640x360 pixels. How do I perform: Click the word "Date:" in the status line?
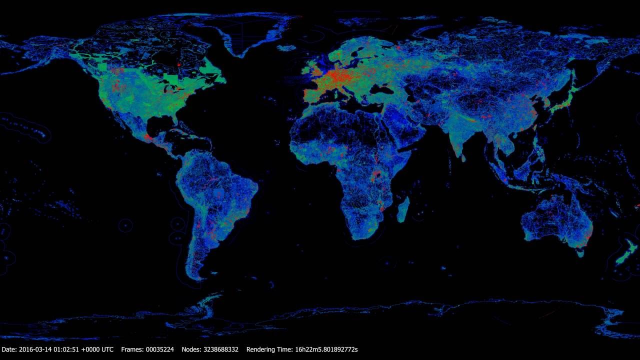pyautogui.click(x=9, y=349)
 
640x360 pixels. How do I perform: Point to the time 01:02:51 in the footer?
pyautogui.click(x=70, y=349)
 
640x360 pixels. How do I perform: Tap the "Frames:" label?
pyautogui.click(x=132, y=349)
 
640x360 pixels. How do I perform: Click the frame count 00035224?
pyautogui.click(x=159, y=349)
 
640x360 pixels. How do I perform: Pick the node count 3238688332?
pyautogui.click(x=221, y=349)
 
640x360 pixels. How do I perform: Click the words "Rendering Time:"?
pyautogui.click(x=270, y=349)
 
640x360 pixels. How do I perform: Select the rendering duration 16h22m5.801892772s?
pyautogui.click(x=327, y=349)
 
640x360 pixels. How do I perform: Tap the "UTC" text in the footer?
pyautogui.click(x=107, y=349)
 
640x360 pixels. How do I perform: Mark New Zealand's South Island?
pyautogui.click(x=622, y=257)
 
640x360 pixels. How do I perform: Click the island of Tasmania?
pyautogui.click(x=580, y=254)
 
